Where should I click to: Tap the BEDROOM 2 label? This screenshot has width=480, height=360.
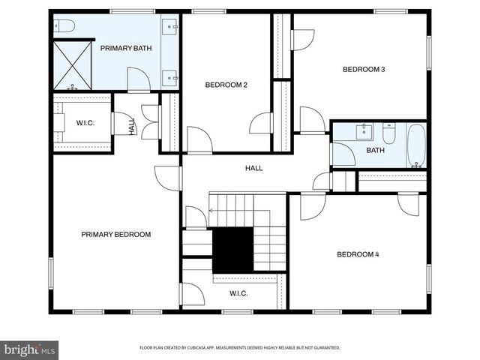226,85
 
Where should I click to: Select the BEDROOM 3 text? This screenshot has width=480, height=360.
364,70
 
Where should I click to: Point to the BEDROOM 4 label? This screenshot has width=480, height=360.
358,254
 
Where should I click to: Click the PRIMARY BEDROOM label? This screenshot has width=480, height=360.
116,235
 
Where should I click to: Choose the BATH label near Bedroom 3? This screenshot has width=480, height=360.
375,150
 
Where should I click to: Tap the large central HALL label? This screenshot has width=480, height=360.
254,168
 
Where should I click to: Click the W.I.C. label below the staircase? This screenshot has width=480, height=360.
238,293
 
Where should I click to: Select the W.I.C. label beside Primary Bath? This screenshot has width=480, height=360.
84,122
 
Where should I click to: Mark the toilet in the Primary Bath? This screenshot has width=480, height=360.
65,26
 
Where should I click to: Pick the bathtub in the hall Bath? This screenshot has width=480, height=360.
416,145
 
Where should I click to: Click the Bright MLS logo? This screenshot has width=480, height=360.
30,349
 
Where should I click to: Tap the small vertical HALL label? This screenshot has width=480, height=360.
132,125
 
